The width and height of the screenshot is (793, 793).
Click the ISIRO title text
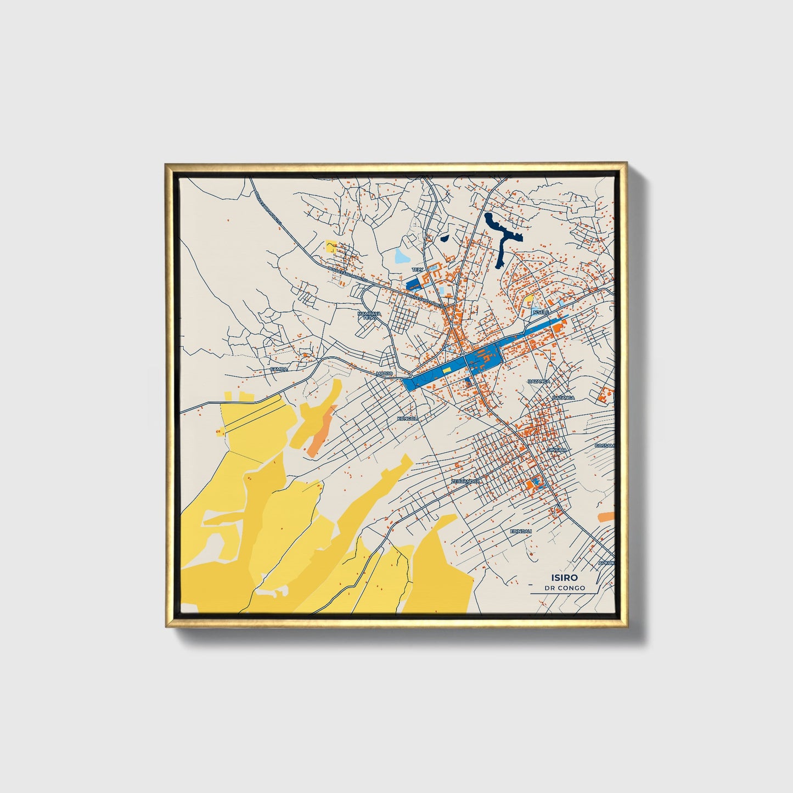[565, 577]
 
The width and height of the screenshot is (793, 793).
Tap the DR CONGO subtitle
[565, 588]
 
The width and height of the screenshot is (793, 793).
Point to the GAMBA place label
[279, 369]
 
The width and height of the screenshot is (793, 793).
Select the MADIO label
[384, 374]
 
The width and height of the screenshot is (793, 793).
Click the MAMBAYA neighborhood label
[368, 316]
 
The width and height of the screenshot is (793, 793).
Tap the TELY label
[418, 270]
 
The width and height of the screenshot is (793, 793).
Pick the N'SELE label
[541, 312]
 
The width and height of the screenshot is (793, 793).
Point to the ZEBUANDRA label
[466, 481]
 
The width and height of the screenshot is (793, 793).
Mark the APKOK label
[606, 563]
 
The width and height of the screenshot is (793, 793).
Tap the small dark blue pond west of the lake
[444, 239]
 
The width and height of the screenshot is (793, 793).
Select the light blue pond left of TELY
[402, 256]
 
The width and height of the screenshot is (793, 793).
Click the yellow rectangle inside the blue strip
[447, 370]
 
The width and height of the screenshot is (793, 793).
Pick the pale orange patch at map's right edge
[606, 517]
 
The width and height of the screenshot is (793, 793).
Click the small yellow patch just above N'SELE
[530, 300]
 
